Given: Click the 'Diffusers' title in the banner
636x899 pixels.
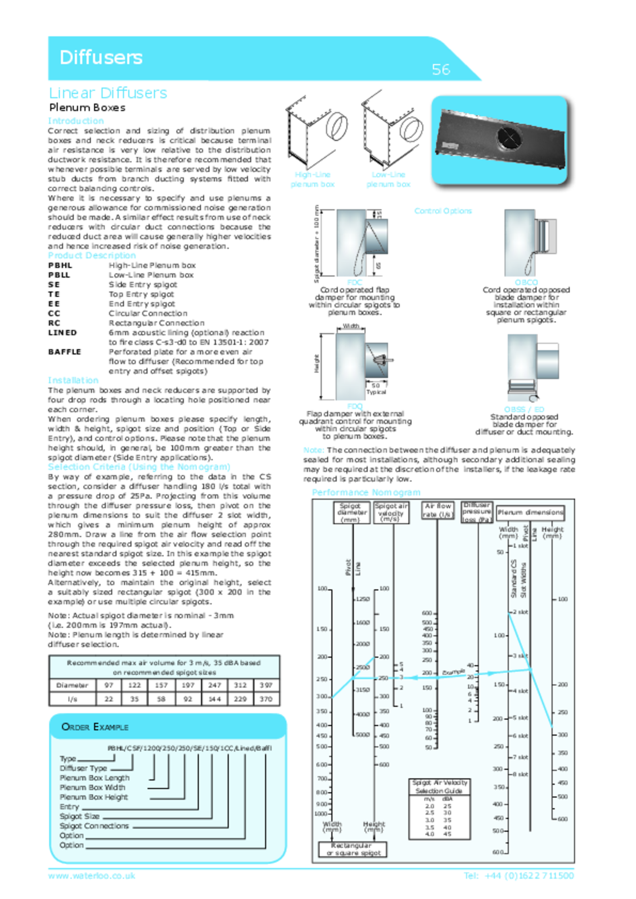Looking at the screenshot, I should tap(101, 58).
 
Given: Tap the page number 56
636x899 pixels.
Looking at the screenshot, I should tap(441, 70).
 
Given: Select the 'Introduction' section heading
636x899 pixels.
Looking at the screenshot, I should tap(76, 121).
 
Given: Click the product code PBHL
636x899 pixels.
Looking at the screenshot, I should tap(60, 265).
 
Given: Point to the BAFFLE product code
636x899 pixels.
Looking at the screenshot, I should tap(65, 352).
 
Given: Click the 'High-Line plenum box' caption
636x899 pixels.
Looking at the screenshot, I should tap(312, 179).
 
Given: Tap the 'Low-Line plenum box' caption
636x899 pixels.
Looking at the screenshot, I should tap(388, 179).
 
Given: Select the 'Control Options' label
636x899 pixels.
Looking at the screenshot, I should tap(443, 211).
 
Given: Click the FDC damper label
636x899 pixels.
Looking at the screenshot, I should tap(355, 282).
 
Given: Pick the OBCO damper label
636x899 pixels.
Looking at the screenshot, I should tap(526, 282).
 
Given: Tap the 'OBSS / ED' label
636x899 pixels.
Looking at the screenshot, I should tap(524, 409).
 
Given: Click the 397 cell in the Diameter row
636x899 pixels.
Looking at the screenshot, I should tap(266, 685).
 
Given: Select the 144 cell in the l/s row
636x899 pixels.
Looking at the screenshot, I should tap(215, 699).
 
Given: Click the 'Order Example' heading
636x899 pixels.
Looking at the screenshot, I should tap(95, 727).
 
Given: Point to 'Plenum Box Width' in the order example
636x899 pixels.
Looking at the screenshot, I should tap(93, 787).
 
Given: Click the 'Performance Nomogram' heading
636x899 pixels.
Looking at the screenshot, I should tap(366, 492).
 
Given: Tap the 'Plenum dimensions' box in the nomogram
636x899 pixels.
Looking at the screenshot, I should tap(530, 513).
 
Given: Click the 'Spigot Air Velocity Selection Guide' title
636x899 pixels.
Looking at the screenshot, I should tap(440, 786).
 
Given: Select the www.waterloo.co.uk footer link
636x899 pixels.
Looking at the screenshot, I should tap(92, 876).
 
